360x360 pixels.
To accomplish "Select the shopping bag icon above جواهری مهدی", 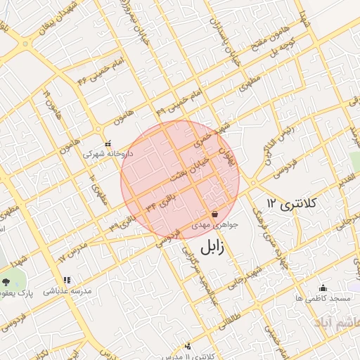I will [x=214, y=214].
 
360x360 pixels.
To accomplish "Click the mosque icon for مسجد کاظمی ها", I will [x=323, y=288].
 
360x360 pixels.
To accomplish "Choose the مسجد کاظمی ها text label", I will [x=323, y=299].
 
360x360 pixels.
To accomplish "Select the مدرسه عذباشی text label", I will [x=68, y=290].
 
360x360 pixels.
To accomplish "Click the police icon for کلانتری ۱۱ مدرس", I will [x=188, y=345].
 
